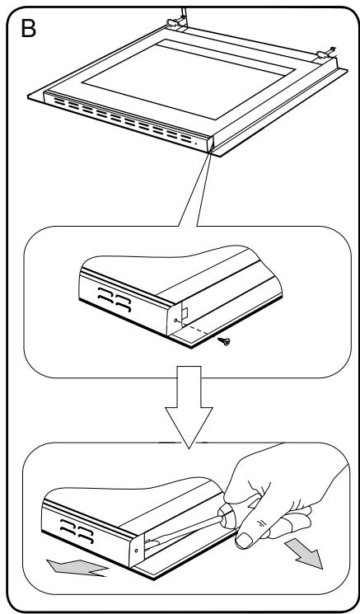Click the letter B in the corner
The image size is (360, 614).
point(28,29)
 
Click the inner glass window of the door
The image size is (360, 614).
point(188,79)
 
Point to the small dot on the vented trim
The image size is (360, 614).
point(196,143)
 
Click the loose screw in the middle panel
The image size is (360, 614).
point(225,341)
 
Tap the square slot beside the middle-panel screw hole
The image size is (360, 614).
point(185,312)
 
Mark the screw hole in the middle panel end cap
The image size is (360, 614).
point(175,321)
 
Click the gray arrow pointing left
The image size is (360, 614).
point(77,567)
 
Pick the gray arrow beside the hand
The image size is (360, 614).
point(304,553)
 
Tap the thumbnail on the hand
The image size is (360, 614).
point(244,541)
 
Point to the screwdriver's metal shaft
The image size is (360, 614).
point(184,532)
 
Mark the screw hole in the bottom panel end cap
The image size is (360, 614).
point(136,551)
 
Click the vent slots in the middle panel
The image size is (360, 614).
point(115,299)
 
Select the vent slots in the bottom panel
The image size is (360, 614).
point(77,531)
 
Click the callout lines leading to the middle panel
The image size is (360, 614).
point(196,188)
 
